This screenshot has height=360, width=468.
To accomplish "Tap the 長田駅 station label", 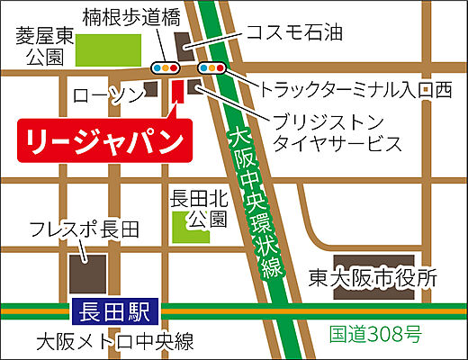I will (115, 313).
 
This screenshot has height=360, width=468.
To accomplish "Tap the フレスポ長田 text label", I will (84, 229).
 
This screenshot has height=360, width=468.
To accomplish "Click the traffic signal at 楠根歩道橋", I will (164, 67).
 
